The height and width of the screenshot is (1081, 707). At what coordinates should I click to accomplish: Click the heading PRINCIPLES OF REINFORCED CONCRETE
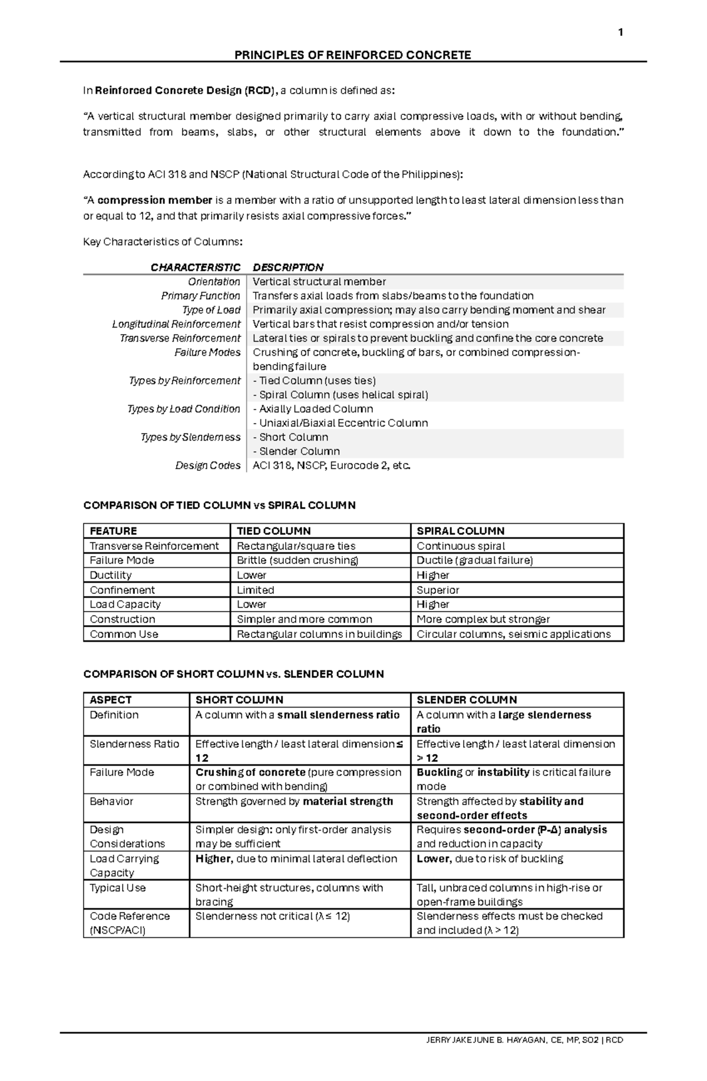click(x=352, y=55)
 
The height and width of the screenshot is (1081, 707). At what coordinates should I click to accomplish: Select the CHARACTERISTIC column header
click(x=195, y=267)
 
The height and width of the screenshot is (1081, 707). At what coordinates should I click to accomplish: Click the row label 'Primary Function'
click(x=200, y=296)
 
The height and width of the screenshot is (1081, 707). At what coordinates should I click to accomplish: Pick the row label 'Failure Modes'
click(x=207, y=352)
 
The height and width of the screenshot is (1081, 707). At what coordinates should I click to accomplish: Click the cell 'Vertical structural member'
click(x=319, y=282)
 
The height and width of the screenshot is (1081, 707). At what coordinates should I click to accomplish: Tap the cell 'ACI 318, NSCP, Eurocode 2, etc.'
click(x=331, y=465)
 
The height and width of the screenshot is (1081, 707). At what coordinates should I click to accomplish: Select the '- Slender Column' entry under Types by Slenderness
click(x=296, y=451)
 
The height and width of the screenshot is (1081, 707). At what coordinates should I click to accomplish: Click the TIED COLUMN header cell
click(x=273, y=531)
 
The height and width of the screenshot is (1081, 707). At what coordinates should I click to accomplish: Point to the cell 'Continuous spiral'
click(x=461, y=546)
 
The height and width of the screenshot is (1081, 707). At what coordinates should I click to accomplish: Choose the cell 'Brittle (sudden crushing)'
click(x=297, y=560)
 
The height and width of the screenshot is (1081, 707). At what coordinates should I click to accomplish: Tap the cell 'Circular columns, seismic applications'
click(x=513, y=634)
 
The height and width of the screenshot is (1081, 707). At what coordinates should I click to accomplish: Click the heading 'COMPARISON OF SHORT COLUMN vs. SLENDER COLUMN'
click(x=233, y=674)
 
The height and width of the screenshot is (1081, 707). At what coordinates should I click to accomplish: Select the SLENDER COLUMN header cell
click(x=467, y=700)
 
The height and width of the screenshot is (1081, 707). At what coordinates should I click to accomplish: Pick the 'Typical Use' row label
click(x=117, y=888)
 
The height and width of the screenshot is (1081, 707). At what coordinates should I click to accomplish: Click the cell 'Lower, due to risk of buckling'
click(x=490, y=859)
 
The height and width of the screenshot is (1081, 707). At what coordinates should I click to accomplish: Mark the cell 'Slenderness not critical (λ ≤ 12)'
click(x=272, y=916)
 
